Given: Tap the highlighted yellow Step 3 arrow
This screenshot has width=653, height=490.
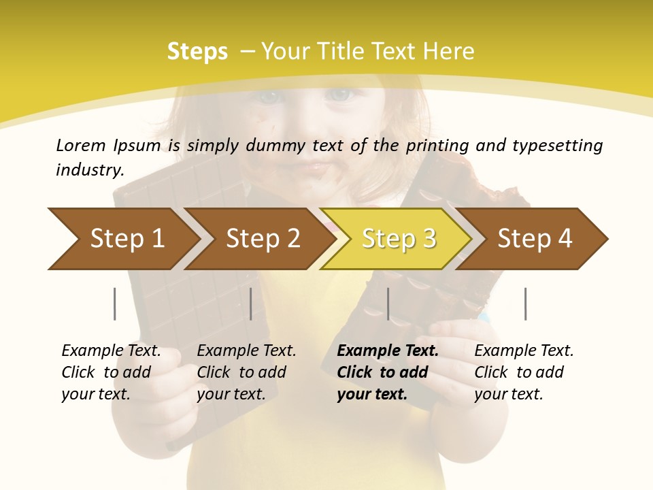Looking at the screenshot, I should click(x=399, y=238).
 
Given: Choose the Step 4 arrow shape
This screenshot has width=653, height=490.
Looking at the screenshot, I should click(x=535, y=238).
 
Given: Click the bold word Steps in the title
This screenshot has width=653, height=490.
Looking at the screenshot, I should click(x=197, y=52).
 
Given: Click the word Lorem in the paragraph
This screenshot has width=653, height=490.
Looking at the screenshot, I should click(x=81, y=145).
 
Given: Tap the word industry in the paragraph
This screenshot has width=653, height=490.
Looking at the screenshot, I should click(x=90, y=170).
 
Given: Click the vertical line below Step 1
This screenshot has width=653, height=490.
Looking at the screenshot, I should click(x=115, y=304).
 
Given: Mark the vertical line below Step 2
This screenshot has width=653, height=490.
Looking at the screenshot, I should click(x=251, y=304).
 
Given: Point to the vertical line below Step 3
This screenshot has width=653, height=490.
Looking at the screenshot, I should click(x=388, y=304).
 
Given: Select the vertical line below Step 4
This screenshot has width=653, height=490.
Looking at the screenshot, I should click(x=526, y=304).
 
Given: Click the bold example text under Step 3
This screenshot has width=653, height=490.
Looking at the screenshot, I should click(x=388, y=372).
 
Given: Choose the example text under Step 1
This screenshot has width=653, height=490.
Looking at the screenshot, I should click(x=111, y=372).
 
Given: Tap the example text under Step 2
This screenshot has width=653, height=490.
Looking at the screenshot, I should click(x=246, y=372).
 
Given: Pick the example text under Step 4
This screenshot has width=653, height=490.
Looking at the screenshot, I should click(x=524, y=372).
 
